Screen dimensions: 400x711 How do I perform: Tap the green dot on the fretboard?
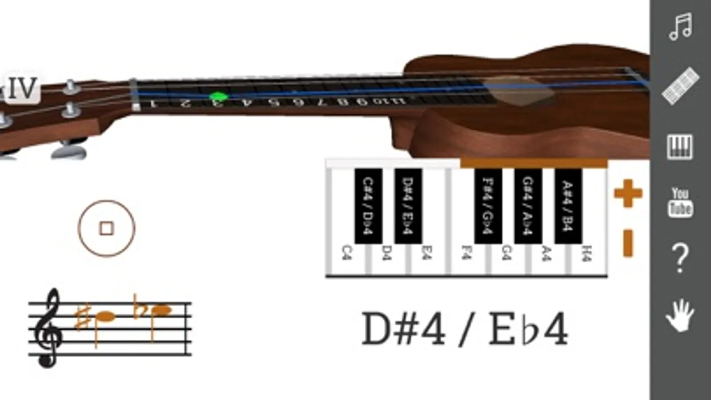(x=218, y=96)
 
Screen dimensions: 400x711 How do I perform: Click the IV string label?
(x=22, y=88)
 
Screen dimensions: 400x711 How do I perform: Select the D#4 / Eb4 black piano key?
(x=408, y=205)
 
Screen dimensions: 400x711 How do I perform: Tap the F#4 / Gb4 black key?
(x=488, y=205)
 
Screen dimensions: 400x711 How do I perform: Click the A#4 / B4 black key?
(x=568, y=205)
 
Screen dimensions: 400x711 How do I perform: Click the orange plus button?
(x=628, y=193)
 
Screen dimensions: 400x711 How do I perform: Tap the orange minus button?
(x=628, y=243)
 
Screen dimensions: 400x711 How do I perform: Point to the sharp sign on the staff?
(x=82, y=317)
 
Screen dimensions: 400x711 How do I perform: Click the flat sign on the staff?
(x=139, y=307)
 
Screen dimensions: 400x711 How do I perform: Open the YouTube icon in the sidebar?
(x=680, y=202)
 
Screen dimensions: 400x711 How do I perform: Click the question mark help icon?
(x=680, y=258)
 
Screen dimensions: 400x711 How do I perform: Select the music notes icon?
(x=680, y=27)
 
